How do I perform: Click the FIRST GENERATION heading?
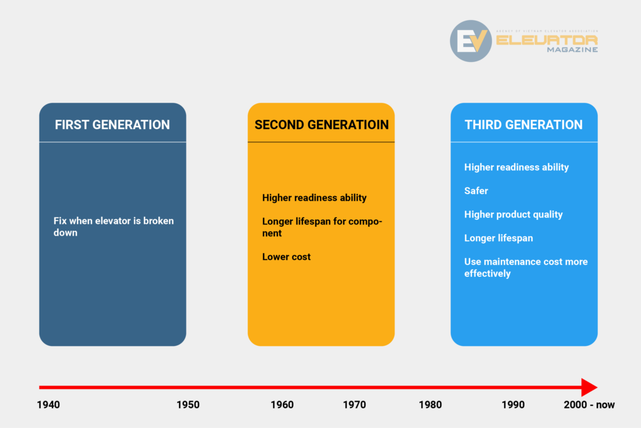[x=113, y=125]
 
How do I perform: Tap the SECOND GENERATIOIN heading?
[x=321, y=125]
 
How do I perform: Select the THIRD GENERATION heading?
[x=524, y=125]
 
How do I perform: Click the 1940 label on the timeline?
[x=48, y=405]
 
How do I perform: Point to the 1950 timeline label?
[x=188, y=405]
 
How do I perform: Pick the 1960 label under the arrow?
[x=282, y=405]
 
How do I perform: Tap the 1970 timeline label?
[x=354, y=405]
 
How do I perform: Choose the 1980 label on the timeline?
[x=430, y=405]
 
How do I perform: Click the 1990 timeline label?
[x=513, y=405]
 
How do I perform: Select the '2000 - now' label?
[x=589, y=405]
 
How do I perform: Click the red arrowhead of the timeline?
[x=589, y=387]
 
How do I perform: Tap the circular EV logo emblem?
[x=471, y=41]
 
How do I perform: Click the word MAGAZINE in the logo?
[x=572, y=50]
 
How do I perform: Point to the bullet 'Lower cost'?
[x=286, y=256]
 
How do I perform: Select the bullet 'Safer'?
[x=476, y=191]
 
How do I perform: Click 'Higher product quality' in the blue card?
[x=513, y=214]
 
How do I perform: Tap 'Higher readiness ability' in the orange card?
[x=314, y=197]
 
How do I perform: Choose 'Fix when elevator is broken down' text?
[x=114, y=227]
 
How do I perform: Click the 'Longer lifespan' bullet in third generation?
[x=499, y=238]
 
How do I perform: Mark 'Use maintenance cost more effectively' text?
[x=526, y=268]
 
